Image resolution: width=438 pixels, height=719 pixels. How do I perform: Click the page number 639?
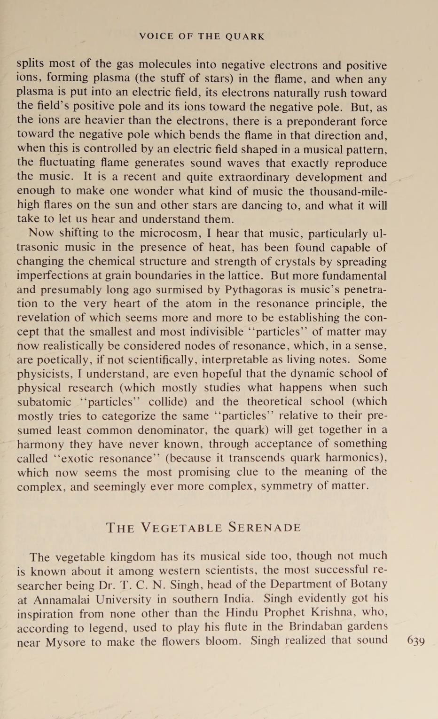[x=416, y=641]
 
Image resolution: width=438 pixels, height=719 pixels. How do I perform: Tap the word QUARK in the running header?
[x=245, y=36]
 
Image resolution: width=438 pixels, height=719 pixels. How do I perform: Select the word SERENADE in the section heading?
[x=265, y=527]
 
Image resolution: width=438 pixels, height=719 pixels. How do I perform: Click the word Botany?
[x=369, y=584]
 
